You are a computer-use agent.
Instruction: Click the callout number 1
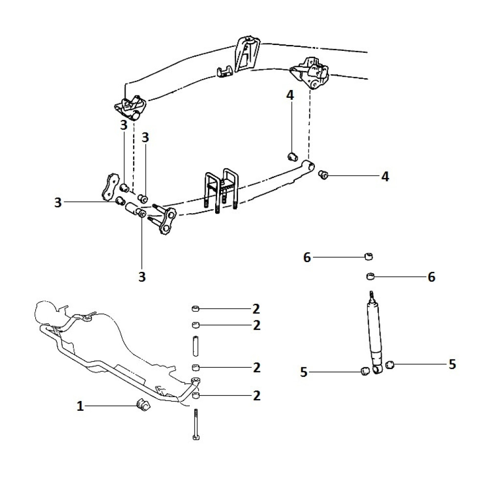[x=80, y=406]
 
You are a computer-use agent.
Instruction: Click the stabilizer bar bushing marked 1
[x=143, y=405]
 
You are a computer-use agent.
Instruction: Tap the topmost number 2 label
[x=256, y=309]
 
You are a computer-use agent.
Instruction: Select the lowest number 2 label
[x=256, y=396]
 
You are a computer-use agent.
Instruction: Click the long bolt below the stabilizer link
[x=196, y=425]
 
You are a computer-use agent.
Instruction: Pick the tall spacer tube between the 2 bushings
[x=196, y=347]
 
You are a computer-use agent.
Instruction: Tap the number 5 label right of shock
[x=452, y=364]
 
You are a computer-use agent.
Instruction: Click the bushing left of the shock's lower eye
[x=364, y=372]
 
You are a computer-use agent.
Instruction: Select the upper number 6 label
[x=307, y=258]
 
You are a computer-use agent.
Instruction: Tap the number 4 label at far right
[x=385, y=177]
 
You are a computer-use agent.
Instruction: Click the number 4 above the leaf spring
[x=290, y=95]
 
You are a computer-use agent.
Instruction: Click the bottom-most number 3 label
[x=142, y=277]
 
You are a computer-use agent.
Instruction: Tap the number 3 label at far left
[x=58, y=202]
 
